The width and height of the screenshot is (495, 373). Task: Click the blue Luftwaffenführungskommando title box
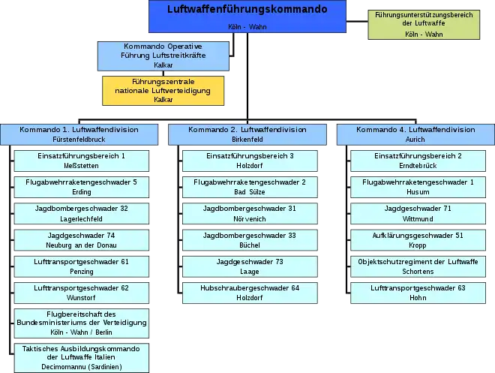pos(247,17)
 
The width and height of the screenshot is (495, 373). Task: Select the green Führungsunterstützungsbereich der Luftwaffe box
pos(424,25)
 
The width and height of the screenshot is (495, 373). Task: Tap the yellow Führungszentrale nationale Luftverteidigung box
pos(163,91)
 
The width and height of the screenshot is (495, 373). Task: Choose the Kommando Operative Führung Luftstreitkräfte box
pos(163,56)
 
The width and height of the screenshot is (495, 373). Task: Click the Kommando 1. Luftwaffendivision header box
pos(79,134)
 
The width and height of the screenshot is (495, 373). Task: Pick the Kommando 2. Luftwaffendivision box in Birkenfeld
pos(247,134)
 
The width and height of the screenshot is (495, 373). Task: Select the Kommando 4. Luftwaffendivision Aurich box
pos(415,134)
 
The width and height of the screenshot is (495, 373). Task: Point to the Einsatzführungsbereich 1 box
pos(82,161)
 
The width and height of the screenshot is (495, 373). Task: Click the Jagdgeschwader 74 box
pos(82,240)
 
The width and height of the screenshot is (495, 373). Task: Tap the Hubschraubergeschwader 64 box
pos(250,293)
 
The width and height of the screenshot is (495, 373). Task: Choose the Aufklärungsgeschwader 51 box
pos(418,240)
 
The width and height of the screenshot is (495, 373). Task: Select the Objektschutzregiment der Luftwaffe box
pos(418,266)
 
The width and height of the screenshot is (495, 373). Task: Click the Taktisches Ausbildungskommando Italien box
pos(82,358)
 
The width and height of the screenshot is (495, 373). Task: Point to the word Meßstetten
pos(81,166)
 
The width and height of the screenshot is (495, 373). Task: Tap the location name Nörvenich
pos(250,219)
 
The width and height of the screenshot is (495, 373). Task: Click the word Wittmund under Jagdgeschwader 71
pos(418,219)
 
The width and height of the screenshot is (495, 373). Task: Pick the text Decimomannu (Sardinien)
pos(82,367)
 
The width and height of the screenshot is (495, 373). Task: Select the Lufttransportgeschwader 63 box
pos(418,293)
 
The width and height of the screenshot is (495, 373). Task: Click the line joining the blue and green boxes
pos(357,22)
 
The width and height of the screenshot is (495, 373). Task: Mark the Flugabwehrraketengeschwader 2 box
pos(250,188)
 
